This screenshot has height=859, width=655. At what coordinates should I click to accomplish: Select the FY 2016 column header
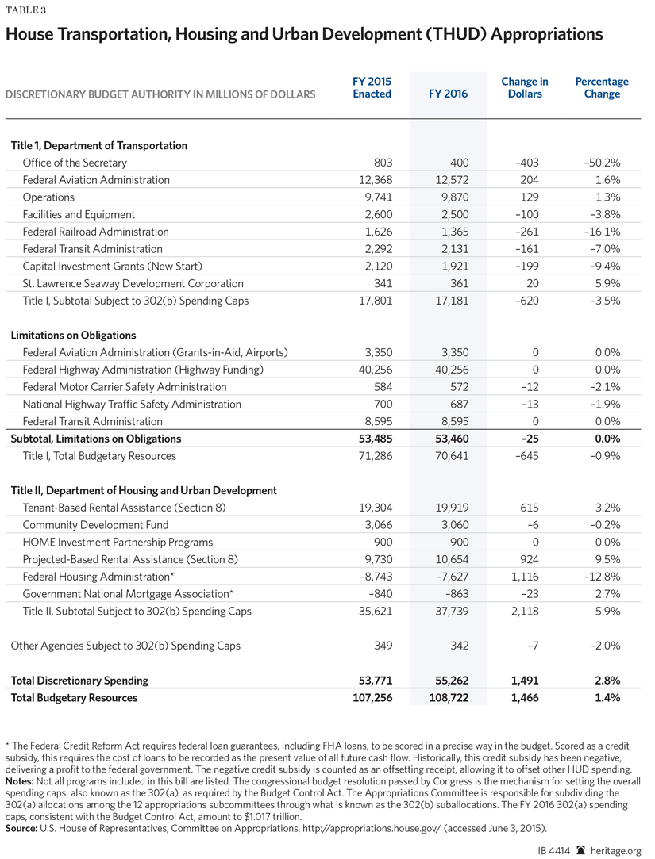coord(448,94)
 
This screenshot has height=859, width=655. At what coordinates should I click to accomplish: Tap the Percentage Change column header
coord(601,87)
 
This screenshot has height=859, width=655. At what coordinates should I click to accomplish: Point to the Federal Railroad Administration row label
coord(95,232)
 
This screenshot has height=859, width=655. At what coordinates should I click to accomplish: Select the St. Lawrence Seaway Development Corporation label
coord(133,283)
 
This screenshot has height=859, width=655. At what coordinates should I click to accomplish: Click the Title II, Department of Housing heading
coord(144,490)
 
